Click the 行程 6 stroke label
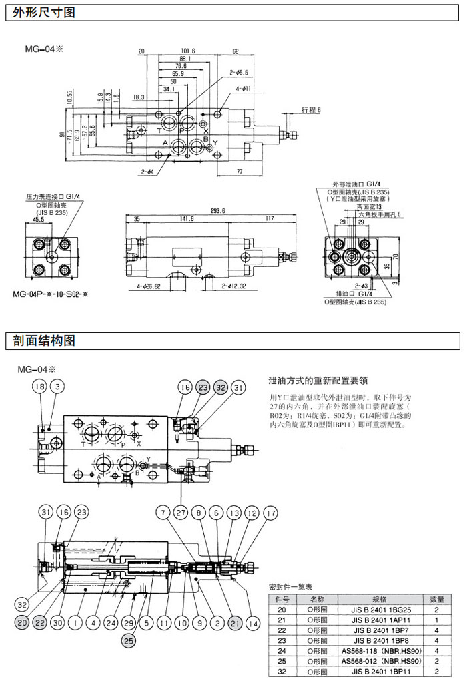[311, 109]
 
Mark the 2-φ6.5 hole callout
[239, 72]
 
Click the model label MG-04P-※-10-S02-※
[59, 293]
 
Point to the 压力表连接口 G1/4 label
[53, 197]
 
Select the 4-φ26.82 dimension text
[151, 287]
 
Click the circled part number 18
[39, 386]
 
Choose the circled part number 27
[181, 513]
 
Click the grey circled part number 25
[128, 641]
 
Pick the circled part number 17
[270, 513]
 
